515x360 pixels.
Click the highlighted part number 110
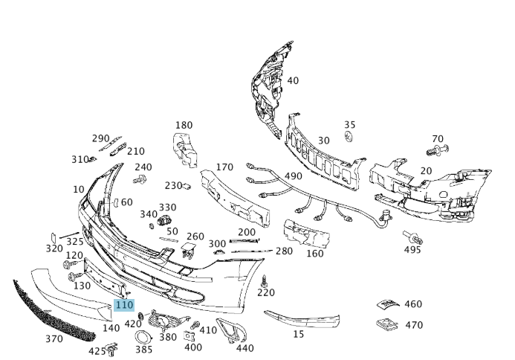(124, 305)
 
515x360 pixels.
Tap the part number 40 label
(293, 80)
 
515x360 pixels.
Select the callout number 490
(293, 176)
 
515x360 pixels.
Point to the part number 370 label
(54, 339)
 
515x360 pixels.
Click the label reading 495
(412, 250)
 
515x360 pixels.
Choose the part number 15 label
(298, 334)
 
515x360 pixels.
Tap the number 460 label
(413, 304)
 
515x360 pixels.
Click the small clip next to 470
(386, 324)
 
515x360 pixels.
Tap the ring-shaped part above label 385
(140, 337)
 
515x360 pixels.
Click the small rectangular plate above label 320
(54, 237)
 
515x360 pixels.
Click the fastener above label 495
(412, 237)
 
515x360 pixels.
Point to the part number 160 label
(315, 253)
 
